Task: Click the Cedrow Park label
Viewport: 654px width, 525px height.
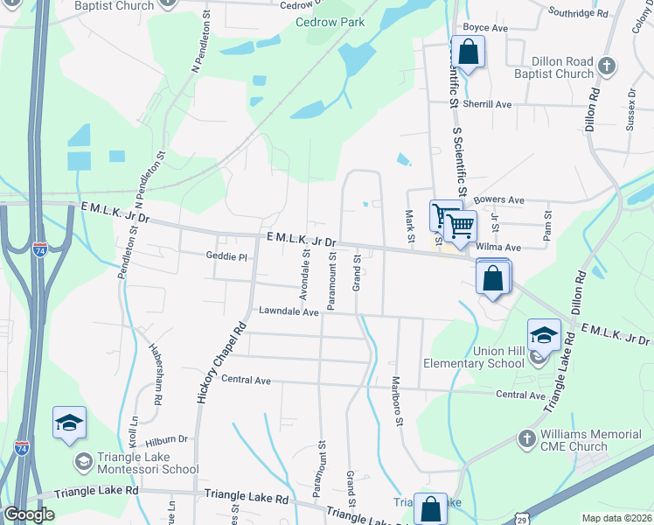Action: [330, 22]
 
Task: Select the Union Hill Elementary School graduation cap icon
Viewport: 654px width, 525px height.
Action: [543, 335]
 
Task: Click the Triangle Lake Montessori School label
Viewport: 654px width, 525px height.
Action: [149, 462]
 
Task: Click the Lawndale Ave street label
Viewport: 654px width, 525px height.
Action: [288, 311]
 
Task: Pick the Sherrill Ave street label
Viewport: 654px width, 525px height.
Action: [487, 104]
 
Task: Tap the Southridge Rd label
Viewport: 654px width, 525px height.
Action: [578, 13]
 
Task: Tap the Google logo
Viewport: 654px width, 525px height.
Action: [29, 514]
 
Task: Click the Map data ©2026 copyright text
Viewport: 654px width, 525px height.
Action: [616, 518]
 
